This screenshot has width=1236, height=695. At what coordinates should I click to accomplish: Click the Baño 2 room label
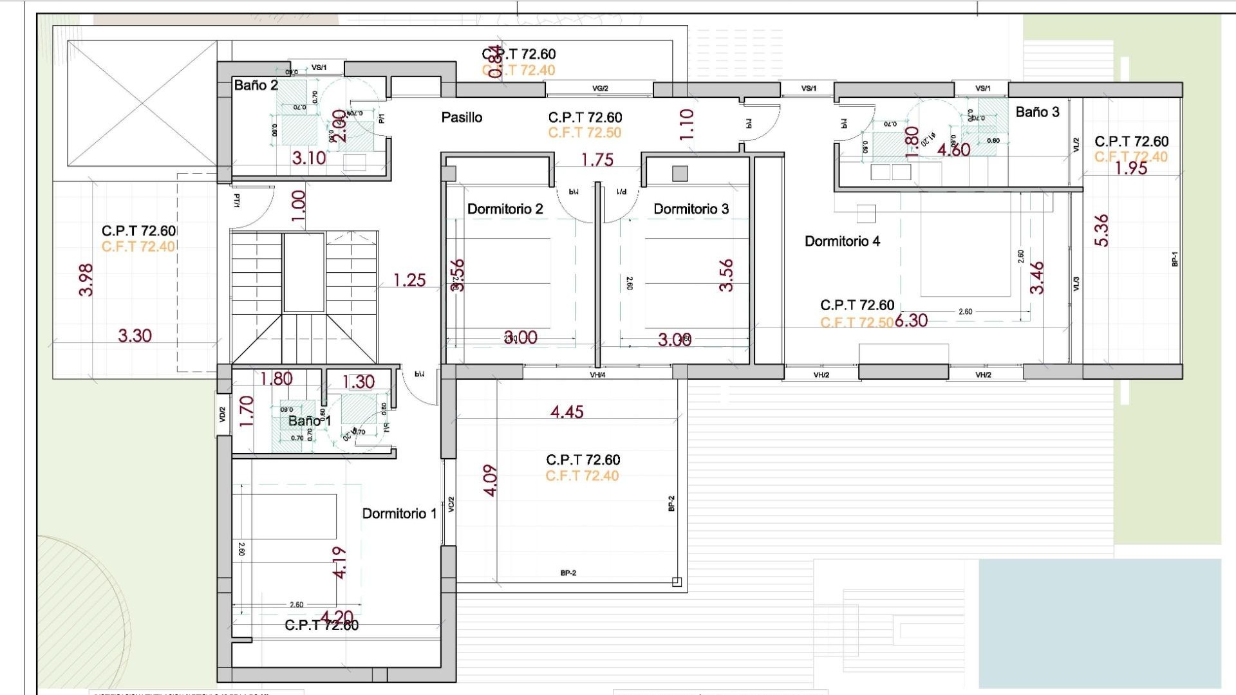coord(256,85)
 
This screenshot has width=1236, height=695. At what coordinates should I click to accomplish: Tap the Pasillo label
coord(462,117)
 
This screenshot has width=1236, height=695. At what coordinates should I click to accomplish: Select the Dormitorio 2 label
coord(505,208)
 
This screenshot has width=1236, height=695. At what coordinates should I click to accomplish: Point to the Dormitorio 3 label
coord(691,208)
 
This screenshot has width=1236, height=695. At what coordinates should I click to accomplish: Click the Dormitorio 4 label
coord(842,241)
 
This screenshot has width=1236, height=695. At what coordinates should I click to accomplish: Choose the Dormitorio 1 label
coord(399,514)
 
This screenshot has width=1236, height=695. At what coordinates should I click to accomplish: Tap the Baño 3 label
coord(1037,112)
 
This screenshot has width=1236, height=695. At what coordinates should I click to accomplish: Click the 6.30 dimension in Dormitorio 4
coord(911,320)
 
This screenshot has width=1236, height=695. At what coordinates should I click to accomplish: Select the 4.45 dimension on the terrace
coord(566,412)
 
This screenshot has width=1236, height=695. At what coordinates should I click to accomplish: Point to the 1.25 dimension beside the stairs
coord(409,280)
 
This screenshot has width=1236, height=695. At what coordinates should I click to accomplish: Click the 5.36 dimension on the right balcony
coord(1101,230)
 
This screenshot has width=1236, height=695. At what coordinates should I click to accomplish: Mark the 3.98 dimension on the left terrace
coord(86,280)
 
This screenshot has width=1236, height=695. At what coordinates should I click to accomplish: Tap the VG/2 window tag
coord(600,88)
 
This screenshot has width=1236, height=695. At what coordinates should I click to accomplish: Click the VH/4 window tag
coord(597,375)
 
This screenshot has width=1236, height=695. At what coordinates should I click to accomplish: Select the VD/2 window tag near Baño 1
coord(223,414)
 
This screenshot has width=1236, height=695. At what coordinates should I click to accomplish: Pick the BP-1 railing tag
coord(1174,259)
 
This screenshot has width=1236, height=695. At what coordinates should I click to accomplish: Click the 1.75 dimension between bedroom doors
coord(597,160)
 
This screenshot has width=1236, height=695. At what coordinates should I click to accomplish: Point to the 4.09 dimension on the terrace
coord(490,481)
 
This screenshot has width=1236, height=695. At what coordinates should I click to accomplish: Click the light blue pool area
coord(1099,622)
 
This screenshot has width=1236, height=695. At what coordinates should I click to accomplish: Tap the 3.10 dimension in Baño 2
coord(309,158)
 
